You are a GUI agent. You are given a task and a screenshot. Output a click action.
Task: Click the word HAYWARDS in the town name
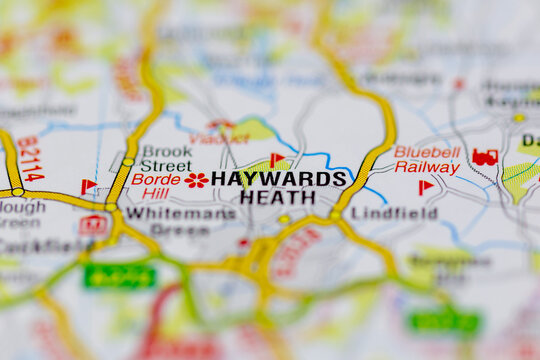pos(279,178)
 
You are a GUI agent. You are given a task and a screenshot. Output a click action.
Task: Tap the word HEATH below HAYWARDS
pos(278,197)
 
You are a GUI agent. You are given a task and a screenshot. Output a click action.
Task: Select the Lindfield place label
pos(394,213)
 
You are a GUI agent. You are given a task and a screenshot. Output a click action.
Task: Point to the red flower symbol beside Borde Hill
pos(196,180)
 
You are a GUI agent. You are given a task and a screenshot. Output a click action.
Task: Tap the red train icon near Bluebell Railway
pos(485,157)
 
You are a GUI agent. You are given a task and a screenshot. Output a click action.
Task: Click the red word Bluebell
pos(427,152)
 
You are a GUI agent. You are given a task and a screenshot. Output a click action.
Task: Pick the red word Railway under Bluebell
pos(427,167)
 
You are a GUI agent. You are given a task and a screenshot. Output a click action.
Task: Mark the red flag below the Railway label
pos(425,186)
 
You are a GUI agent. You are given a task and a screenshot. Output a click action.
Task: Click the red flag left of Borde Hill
pos(88,186)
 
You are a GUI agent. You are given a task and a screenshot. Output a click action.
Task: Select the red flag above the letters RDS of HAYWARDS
pos(276,159)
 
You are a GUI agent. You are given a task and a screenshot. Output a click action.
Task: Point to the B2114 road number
pos(30,159)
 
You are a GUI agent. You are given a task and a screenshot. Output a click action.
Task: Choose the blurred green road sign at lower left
pos(120,276)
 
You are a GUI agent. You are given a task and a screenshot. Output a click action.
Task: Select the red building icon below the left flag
pos(93,225)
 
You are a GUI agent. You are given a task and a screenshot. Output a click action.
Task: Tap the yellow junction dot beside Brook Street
pos(128,161)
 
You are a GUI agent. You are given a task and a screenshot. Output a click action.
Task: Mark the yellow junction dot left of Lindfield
pos(335,213)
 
